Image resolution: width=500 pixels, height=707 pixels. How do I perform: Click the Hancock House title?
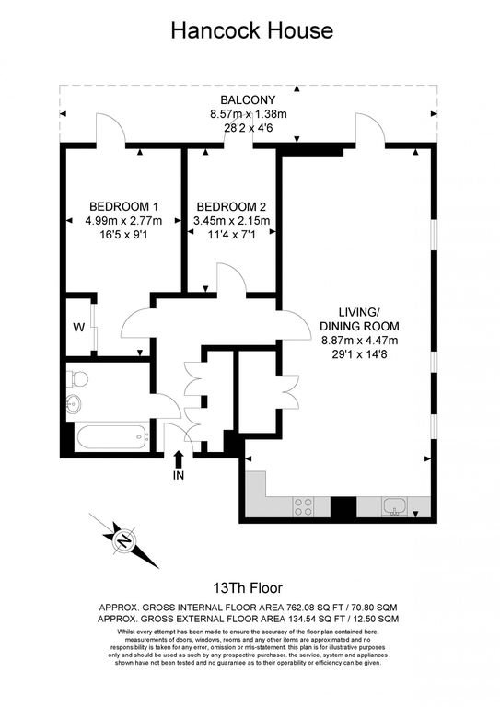(x=252, y=30)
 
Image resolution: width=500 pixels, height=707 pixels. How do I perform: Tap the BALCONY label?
(x=248, y=99)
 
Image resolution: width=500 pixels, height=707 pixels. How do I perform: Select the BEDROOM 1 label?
(x=123, y=206)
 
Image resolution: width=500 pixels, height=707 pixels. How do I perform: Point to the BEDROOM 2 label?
(x=231, y=207)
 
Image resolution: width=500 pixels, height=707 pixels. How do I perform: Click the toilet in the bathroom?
(x=76, y=378)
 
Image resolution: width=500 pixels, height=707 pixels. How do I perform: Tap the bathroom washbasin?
(x=74, y=403)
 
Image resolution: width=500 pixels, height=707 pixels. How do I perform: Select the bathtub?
(x=112, y=437)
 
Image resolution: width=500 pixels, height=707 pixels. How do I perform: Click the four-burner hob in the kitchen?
(x=303, y=506)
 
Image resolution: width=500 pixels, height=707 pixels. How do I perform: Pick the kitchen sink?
(x=395, y=506)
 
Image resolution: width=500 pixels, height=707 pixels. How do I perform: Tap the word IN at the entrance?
(x=179, y=475)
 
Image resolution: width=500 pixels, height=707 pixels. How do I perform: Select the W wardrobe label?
(x=79, y=328)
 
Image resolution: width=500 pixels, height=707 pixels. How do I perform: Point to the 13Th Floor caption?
(x=248, y=588)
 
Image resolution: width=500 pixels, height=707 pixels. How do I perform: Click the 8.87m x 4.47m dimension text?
(x=359, y=341)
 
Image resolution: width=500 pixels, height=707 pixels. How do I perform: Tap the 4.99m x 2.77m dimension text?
(x=123, y=221)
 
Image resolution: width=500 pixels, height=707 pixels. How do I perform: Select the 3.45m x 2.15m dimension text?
(x=231, y=221)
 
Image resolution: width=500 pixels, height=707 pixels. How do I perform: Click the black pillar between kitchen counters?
(x=343, y=507)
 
